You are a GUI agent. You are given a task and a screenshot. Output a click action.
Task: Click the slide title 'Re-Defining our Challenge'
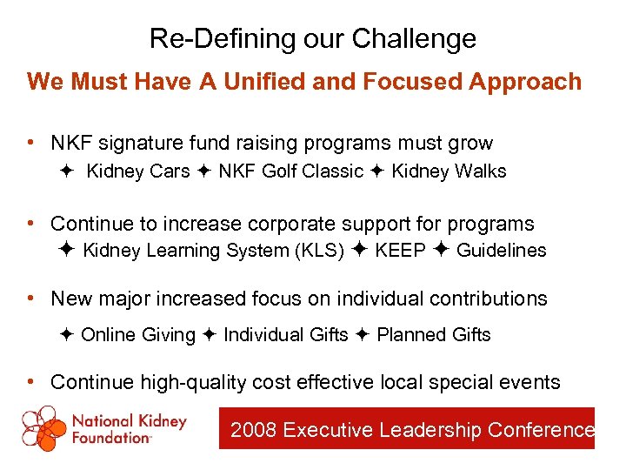312,38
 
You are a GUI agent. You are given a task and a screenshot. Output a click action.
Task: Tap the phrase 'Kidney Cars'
138,171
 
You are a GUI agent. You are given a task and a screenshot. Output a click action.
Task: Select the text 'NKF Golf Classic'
290,171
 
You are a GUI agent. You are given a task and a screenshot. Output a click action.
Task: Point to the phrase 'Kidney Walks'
449,171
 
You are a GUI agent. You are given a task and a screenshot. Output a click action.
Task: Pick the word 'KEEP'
401,251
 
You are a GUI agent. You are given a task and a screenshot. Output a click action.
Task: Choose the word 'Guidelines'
501,251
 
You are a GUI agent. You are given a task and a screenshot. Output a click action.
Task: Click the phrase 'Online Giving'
138,335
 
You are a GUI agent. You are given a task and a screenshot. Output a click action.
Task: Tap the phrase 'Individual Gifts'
285,335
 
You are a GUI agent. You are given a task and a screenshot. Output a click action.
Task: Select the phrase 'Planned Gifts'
434,335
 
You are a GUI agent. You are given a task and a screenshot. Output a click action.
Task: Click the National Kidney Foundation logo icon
43,428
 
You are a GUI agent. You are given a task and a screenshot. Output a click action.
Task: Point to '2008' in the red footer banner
254,430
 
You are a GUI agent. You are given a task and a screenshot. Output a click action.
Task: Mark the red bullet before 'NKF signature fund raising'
31,142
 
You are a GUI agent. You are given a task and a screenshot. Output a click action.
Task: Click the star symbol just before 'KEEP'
361,251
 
